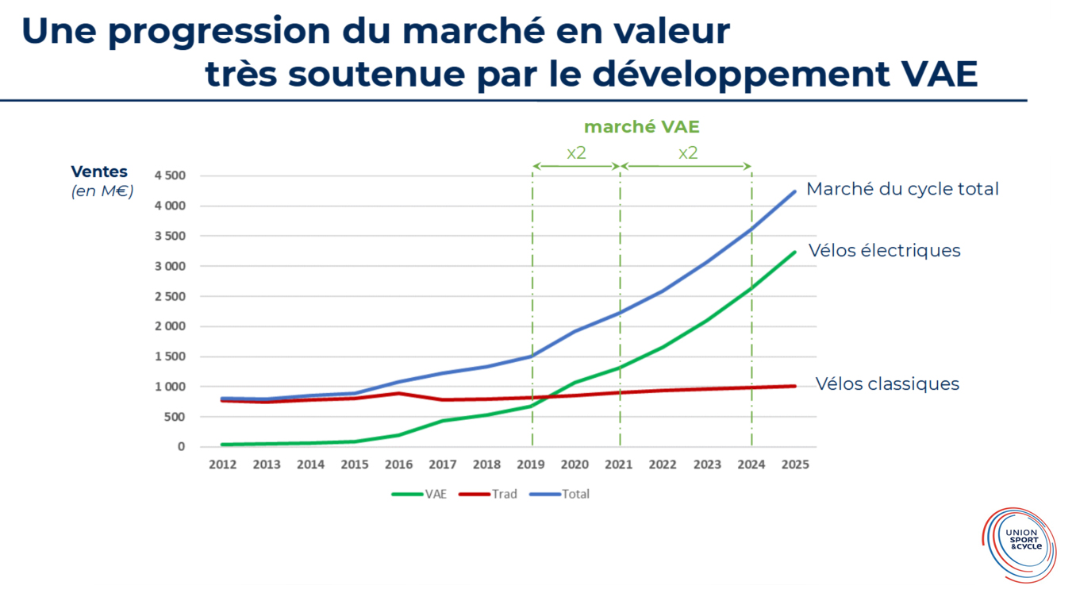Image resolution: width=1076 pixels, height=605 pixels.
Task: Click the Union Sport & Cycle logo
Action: click(1019, 545)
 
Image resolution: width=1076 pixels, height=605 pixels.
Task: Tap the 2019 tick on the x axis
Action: click(532, 464)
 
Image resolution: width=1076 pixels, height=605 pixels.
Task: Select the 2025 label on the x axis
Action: click(794, 464)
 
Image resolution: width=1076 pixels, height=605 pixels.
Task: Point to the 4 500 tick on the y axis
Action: click(169, 175)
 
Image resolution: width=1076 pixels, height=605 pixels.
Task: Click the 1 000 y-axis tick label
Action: click(169, 387)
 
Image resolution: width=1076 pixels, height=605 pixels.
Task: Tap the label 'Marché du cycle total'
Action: click(902, 189)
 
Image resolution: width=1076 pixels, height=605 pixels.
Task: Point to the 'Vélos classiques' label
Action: click(887, 384)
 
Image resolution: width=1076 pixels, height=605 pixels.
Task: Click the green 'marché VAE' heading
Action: click(641, 127)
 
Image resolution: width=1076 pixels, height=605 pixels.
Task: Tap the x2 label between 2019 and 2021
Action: click(576, 152)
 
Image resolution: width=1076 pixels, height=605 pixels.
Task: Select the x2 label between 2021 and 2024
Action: click(687, 152)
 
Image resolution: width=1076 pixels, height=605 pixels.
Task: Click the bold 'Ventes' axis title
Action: click(99, 172)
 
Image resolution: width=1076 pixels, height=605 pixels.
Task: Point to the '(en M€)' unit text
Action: click(102, 191)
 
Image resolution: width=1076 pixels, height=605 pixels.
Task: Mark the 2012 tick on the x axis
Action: click(223, 464)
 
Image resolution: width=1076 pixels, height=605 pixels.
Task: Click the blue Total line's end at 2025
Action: click(794, 191)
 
